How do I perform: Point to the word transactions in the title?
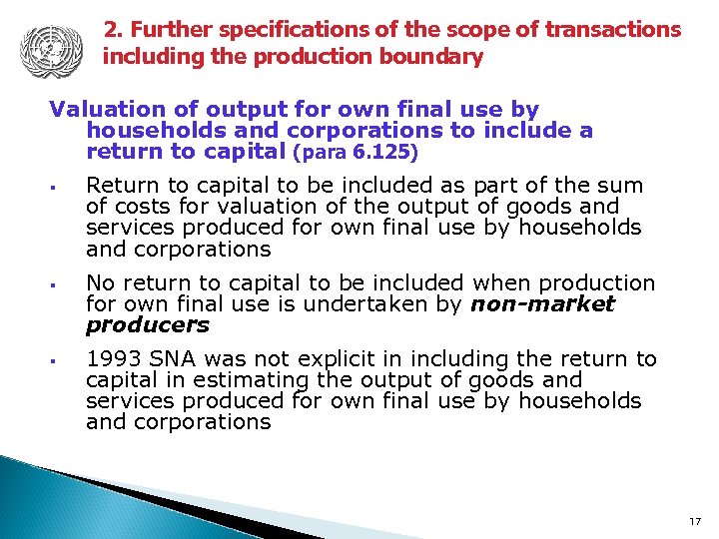616,30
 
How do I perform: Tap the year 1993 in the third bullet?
113,359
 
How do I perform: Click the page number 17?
696,521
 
